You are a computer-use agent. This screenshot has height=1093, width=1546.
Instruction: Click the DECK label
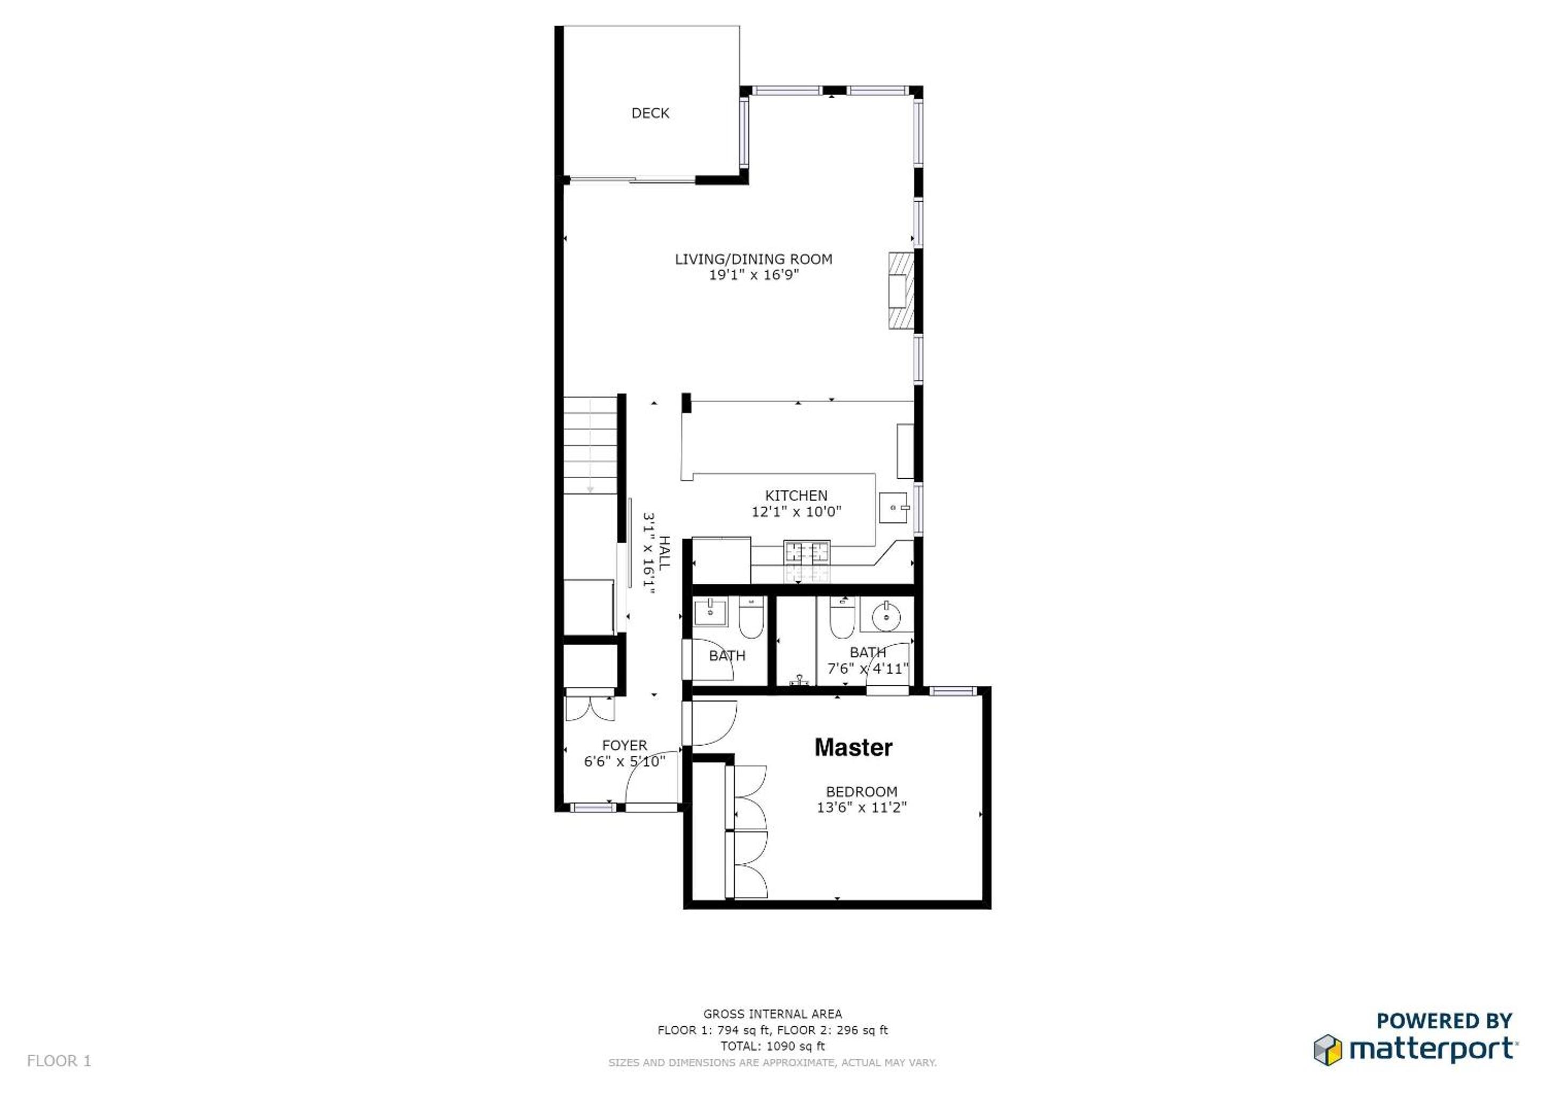650,113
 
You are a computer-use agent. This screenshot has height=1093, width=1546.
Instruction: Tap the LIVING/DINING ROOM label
754,259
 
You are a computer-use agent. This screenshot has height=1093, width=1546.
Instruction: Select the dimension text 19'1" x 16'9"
754,275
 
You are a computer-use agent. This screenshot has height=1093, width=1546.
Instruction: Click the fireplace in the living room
901,290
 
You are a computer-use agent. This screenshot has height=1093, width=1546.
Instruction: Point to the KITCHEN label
796,495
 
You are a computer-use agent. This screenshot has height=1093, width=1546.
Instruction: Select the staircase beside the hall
591,445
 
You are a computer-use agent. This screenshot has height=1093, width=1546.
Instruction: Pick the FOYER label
624,746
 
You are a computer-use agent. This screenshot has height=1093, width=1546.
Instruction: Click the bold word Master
853,747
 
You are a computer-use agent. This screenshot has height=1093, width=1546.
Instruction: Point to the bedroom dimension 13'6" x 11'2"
861,807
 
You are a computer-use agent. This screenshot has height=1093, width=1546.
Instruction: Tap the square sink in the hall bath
711,611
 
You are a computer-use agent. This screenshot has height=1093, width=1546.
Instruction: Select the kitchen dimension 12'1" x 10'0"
797,511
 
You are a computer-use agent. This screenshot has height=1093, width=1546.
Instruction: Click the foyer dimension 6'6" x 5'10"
625,761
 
